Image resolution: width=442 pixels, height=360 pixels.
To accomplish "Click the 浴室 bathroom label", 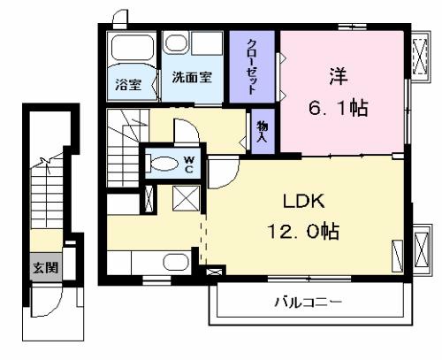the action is pyautogui.click(x=128, y=85).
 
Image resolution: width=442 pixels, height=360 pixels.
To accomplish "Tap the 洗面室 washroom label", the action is pyautogui.click(x=192, y=77).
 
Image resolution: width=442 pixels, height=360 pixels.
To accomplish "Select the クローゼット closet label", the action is pyautogui.click(x=252, y=66).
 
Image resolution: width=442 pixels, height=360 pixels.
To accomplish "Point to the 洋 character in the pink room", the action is pyautogui.click(x=339, y=76).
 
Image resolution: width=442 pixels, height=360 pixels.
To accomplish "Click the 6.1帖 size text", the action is pyautogui.click(x=339, y=108).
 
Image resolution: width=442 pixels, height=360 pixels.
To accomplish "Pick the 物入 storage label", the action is pyautogui.click(x=262, y=132).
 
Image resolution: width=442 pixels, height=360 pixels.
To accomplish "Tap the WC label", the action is pyautogui.click(x=189, y=165).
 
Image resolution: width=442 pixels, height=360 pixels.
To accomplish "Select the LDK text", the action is pyautogui.click(x=304, y=202).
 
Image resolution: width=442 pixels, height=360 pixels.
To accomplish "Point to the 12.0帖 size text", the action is pyautogui.click(x=303, y=231).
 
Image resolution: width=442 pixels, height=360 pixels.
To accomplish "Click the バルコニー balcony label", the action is pyautogui.click(x=309, y=303).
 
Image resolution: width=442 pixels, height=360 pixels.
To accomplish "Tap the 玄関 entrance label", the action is pyautogui.click(x=45, y=267).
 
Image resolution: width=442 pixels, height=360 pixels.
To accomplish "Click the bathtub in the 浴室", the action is pyautogui.click(x=133, y=48).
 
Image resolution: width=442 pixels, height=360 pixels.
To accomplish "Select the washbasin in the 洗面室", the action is pyautogui.click(x=176, y=43).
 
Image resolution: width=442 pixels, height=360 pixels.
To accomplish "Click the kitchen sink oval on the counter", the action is pyautogui.click(x=176, y=262).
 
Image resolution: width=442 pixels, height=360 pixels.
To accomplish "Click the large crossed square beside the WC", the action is pyautogui.click(x=186, y=198).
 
